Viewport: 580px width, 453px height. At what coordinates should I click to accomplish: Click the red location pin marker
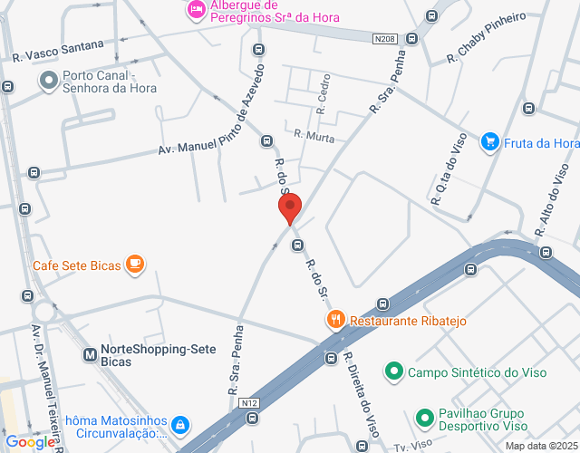tap(290, 209)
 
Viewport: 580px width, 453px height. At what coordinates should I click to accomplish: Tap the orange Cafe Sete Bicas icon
tap(135, 265)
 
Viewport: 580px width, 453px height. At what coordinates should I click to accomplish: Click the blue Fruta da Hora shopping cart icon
tap(490, 141)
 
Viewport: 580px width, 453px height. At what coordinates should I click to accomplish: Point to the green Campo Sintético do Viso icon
tap(394, 371)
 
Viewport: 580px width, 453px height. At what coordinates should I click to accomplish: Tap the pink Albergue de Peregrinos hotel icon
tap(196, 9)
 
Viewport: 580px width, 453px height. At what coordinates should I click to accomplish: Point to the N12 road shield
tap(250, 402)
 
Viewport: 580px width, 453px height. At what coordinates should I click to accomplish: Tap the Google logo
tap(30, 442)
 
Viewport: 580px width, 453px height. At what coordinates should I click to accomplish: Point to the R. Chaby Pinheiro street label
tap(486, 38)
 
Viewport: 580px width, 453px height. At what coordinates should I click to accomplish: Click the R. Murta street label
tap(314, 137)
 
